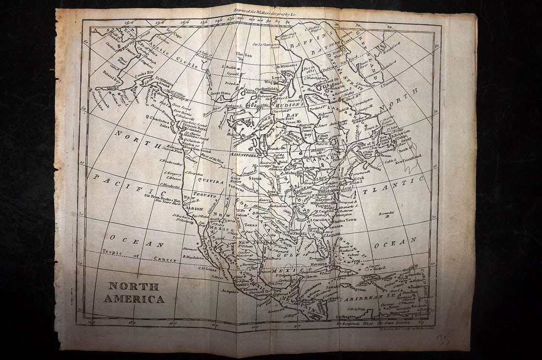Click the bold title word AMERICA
(134, 299)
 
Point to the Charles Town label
(344, 222)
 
